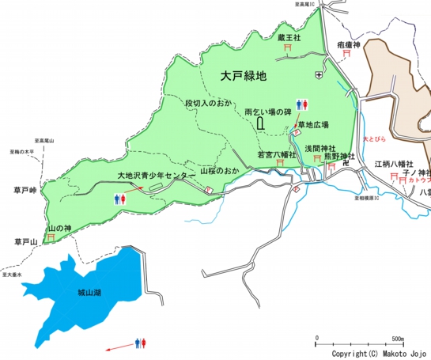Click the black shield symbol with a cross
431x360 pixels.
pos(319,74)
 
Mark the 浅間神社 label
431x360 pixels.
pos(320,148)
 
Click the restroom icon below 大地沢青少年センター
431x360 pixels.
pos(120,199)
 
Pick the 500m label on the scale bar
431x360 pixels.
pos(399,339)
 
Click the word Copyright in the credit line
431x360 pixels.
pos(348,353)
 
